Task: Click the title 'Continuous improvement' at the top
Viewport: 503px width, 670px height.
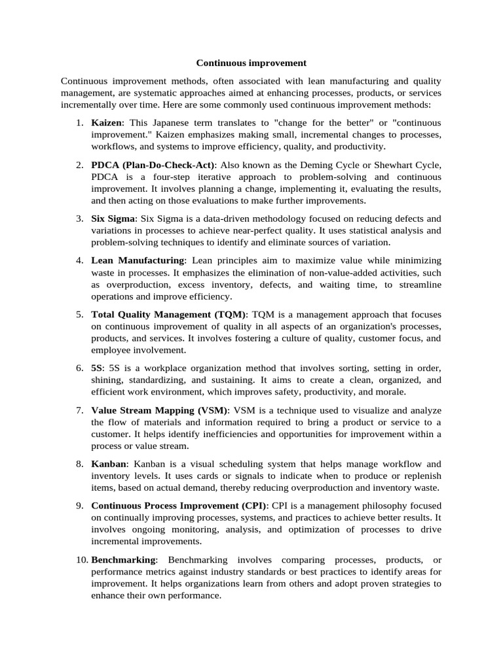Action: [x=251, y=63]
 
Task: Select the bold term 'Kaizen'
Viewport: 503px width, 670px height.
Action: [x=106, y=123]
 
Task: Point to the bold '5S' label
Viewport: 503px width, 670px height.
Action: [x=97, y=368]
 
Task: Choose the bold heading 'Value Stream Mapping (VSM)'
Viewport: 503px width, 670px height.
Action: [x=160, y=410]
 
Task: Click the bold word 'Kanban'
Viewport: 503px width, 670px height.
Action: [x=108, y=464]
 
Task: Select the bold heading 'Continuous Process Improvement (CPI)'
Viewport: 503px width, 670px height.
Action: [x=179, y=506]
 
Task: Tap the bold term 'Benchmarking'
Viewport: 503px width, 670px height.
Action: [x=124, y=560]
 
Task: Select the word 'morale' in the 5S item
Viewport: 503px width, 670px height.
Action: [x=391, y=392]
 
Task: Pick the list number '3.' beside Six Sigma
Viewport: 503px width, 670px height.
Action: [x=79, y=218]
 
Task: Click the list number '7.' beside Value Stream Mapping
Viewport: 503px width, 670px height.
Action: [x=79, y=410]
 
